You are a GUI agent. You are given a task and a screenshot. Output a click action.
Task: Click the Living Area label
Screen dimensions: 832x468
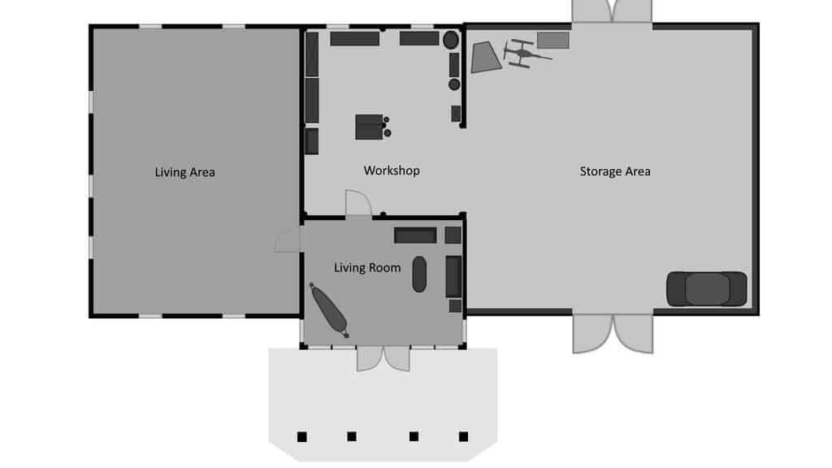[x=184, y=172]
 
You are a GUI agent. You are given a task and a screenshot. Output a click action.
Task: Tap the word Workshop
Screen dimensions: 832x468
[x=392, y=171]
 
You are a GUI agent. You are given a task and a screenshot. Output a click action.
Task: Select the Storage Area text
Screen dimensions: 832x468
[x=615, y=171]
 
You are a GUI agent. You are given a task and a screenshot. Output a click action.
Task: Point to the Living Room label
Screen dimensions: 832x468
[x=367, y=267]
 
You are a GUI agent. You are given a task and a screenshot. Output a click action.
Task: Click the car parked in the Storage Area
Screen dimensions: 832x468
[x=706, y=289]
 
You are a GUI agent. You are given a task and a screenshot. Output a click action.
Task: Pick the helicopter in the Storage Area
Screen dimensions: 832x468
[x=525, y=53]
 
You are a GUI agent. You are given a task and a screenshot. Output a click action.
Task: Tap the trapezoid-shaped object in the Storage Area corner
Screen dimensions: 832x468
[x=486, y=58]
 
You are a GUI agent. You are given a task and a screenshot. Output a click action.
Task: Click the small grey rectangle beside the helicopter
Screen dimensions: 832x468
[x=552, y=41]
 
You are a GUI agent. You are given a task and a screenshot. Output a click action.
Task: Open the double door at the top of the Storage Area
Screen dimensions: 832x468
[x=613, y=11]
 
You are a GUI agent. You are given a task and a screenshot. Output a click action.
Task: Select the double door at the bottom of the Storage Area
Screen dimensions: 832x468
[x=613, y=333]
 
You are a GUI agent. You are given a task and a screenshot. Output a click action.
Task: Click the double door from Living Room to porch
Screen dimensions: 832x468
[x=383, y=358]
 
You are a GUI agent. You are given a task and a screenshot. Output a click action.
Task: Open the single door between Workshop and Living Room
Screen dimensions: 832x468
[x=358, y=203]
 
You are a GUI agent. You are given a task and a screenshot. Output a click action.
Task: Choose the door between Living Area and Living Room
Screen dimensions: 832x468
[x=288, y=240]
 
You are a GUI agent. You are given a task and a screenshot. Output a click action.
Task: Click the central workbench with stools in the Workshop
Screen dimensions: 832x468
[x=372, y=127]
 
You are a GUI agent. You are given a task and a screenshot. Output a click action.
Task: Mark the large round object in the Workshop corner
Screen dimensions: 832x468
[x=451, y=40]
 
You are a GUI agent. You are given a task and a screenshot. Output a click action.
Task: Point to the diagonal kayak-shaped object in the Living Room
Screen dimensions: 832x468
[x=329, y=310]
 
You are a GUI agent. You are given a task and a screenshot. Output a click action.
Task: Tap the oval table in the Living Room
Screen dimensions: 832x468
[x=419, y=275]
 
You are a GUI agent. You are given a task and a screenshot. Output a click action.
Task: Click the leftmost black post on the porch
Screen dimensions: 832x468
[x=302, y=436]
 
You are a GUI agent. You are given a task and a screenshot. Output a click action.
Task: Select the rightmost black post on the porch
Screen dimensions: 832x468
[x=463, y=436]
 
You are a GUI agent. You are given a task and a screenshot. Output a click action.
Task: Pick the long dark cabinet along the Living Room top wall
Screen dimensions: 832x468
[x=415, y=236]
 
